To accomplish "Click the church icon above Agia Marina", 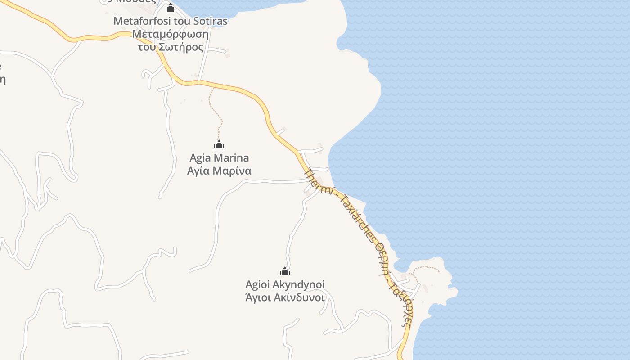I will pyautogui.click(x=219, y=145).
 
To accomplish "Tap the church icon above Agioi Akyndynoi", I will pyautogui.click(x=285, y=271).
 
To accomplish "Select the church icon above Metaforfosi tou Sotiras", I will pyautogui.click(x=171, y=8).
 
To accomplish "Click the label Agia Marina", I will pyautogui.click(x=219, y=158).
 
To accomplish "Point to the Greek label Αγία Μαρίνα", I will pyautogui.click(x=219, y=171).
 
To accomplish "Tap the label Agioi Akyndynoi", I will pyautogui.click(x=285, y=284).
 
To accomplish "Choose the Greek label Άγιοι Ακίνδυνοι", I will pyautogui.click(x=285, y=297).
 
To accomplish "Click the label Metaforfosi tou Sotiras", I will pyautogui.click(x=171, y=21).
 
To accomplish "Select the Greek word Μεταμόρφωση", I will pyautogui.click(x=171, y=34).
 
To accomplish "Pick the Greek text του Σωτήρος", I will pyautogui.click(x=171, y=47).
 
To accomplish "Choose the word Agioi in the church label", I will pyautogui.click(x=258, y=284).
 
